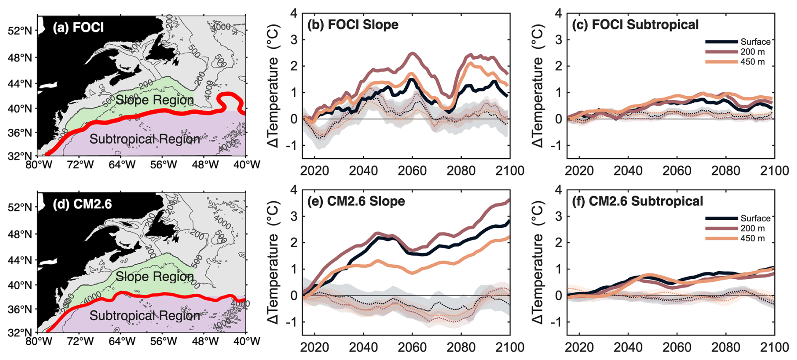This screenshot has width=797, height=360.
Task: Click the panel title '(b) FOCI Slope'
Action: click(353, 24)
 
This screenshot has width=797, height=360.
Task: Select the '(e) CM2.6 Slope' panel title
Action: click(356, 201)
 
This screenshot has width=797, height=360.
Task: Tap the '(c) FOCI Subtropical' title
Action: click(635, 24)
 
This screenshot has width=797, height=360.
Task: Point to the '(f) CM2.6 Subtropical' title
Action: click(637, 201)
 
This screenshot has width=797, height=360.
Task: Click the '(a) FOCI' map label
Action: click(78, 27)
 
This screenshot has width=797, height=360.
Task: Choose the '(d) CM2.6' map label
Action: click(83, 204)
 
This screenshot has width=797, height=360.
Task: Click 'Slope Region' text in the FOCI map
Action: click(155, 100)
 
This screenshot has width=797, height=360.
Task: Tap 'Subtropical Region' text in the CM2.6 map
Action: click(144, 316)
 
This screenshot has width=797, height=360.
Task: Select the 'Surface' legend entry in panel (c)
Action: click(755, 42)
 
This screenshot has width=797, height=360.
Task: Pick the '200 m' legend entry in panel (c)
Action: click(752, 52)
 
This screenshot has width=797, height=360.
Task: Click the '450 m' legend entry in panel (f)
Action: click(752, 238)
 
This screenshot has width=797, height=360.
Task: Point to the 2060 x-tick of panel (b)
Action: click(412, 171)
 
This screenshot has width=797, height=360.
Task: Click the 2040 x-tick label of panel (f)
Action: click(628, 347)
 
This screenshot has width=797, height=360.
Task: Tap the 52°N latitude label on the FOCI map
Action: click(20, 31)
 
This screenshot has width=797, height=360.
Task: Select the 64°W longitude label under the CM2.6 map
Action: click(122, 341)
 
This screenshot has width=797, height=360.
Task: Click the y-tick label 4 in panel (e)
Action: click(294, 190)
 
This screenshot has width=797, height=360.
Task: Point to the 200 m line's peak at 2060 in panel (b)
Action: click(413, 53)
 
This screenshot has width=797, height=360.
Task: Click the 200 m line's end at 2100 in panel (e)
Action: click(509, 200)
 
